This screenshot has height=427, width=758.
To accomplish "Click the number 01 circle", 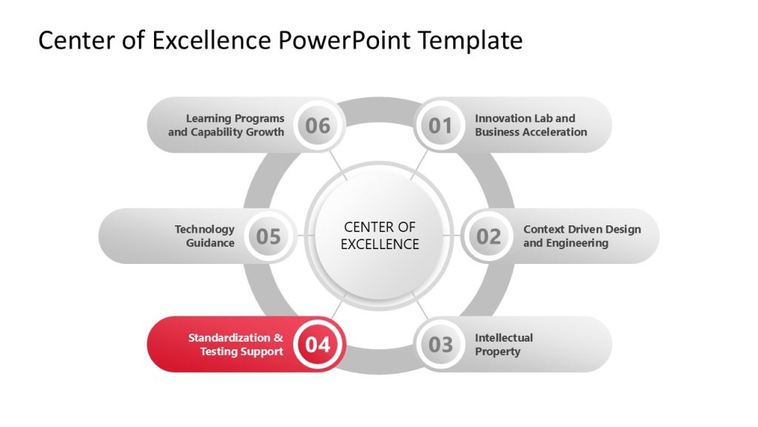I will pyautogui.click(x=440, y=125).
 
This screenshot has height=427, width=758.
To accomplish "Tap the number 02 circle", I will pyautogui.click(x=489, y=236).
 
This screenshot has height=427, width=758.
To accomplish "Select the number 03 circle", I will pyautogui.click(x=440, y=345).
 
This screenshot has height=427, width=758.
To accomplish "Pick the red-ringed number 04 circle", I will pyautogui.click(x=318, y=345).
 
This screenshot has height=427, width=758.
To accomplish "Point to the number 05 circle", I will pyautogui.click(x=269, y=236).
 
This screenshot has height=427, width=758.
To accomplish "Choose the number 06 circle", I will pyautogui.click(x=318, y=125).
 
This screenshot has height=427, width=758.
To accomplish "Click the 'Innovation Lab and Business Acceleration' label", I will pyautogui.click(x=531, y=125).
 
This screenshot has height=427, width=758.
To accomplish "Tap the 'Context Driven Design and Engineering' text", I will pyautogui.click(x=582, y=236).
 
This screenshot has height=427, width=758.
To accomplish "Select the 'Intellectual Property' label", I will pyautogui.click(x=503, y=345).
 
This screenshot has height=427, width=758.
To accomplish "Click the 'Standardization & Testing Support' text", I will pyautogui.click(x=236, y=345).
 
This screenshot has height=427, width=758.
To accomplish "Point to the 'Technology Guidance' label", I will pyautogui.click(x=205, y=236).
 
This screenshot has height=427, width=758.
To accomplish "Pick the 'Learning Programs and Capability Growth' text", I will pyautogui.click(x=227, y=125).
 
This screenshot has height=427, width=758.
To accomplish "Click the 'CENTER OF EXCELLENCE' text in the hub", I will pyautogui.click(x=380, y=236).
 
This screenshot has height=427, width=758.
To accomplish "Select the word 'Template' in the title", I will pyautogui.click(x=470, y=40).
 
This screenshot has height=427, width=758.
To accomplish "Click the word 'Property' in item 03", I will pyautogui.click(x=497, y=352).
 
